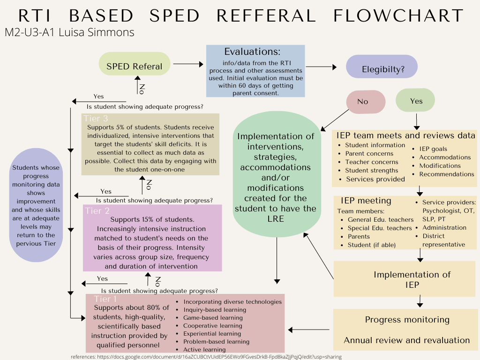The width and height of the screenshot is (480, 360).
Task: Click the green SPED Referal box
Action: pyautogui.click(x=135, y=66)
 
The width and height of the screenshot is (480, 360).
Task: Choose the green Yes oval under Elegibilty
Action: pyautogui.click(x=416, y=100)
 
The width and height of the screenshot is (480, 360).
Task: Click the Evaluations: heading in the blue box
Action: pyautogui.click(x=252, y=52)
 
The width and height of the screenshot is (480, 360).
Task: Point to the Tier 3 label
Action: pyautogui.click(x=96, y=119)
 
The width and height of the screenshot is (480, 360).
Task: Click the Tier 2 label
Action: pyautogui.click(x=97, y=211)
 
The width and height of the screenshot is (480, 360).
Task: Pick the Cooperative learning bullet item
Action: pyautogui.click(x=212, y=326)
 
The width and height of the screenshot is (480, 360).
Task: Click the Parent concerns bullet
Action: pyautogui.click(x=369, y=154)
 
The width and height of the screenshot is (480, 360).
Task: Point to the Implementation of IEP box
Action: pyautogui.click(x=405, y=279)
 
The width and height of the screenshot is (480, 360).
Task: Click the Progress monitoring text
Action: pyautogui.click(x=407, y=320)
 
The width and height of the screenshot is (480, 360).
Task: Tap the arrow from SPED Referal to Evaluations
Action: pyautogui.click(x=186, y=63)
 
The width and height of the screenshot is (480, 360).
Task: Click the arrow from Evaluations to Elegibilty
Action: pyautogui.click(x=321, y=67)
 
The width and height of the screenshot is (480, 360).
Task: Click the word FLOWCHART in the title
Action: pyautogui.click(x=398, y=16)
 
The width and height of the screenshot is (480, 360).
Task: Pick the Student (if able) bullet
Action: pyautogui.click(x=371, y=245)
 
